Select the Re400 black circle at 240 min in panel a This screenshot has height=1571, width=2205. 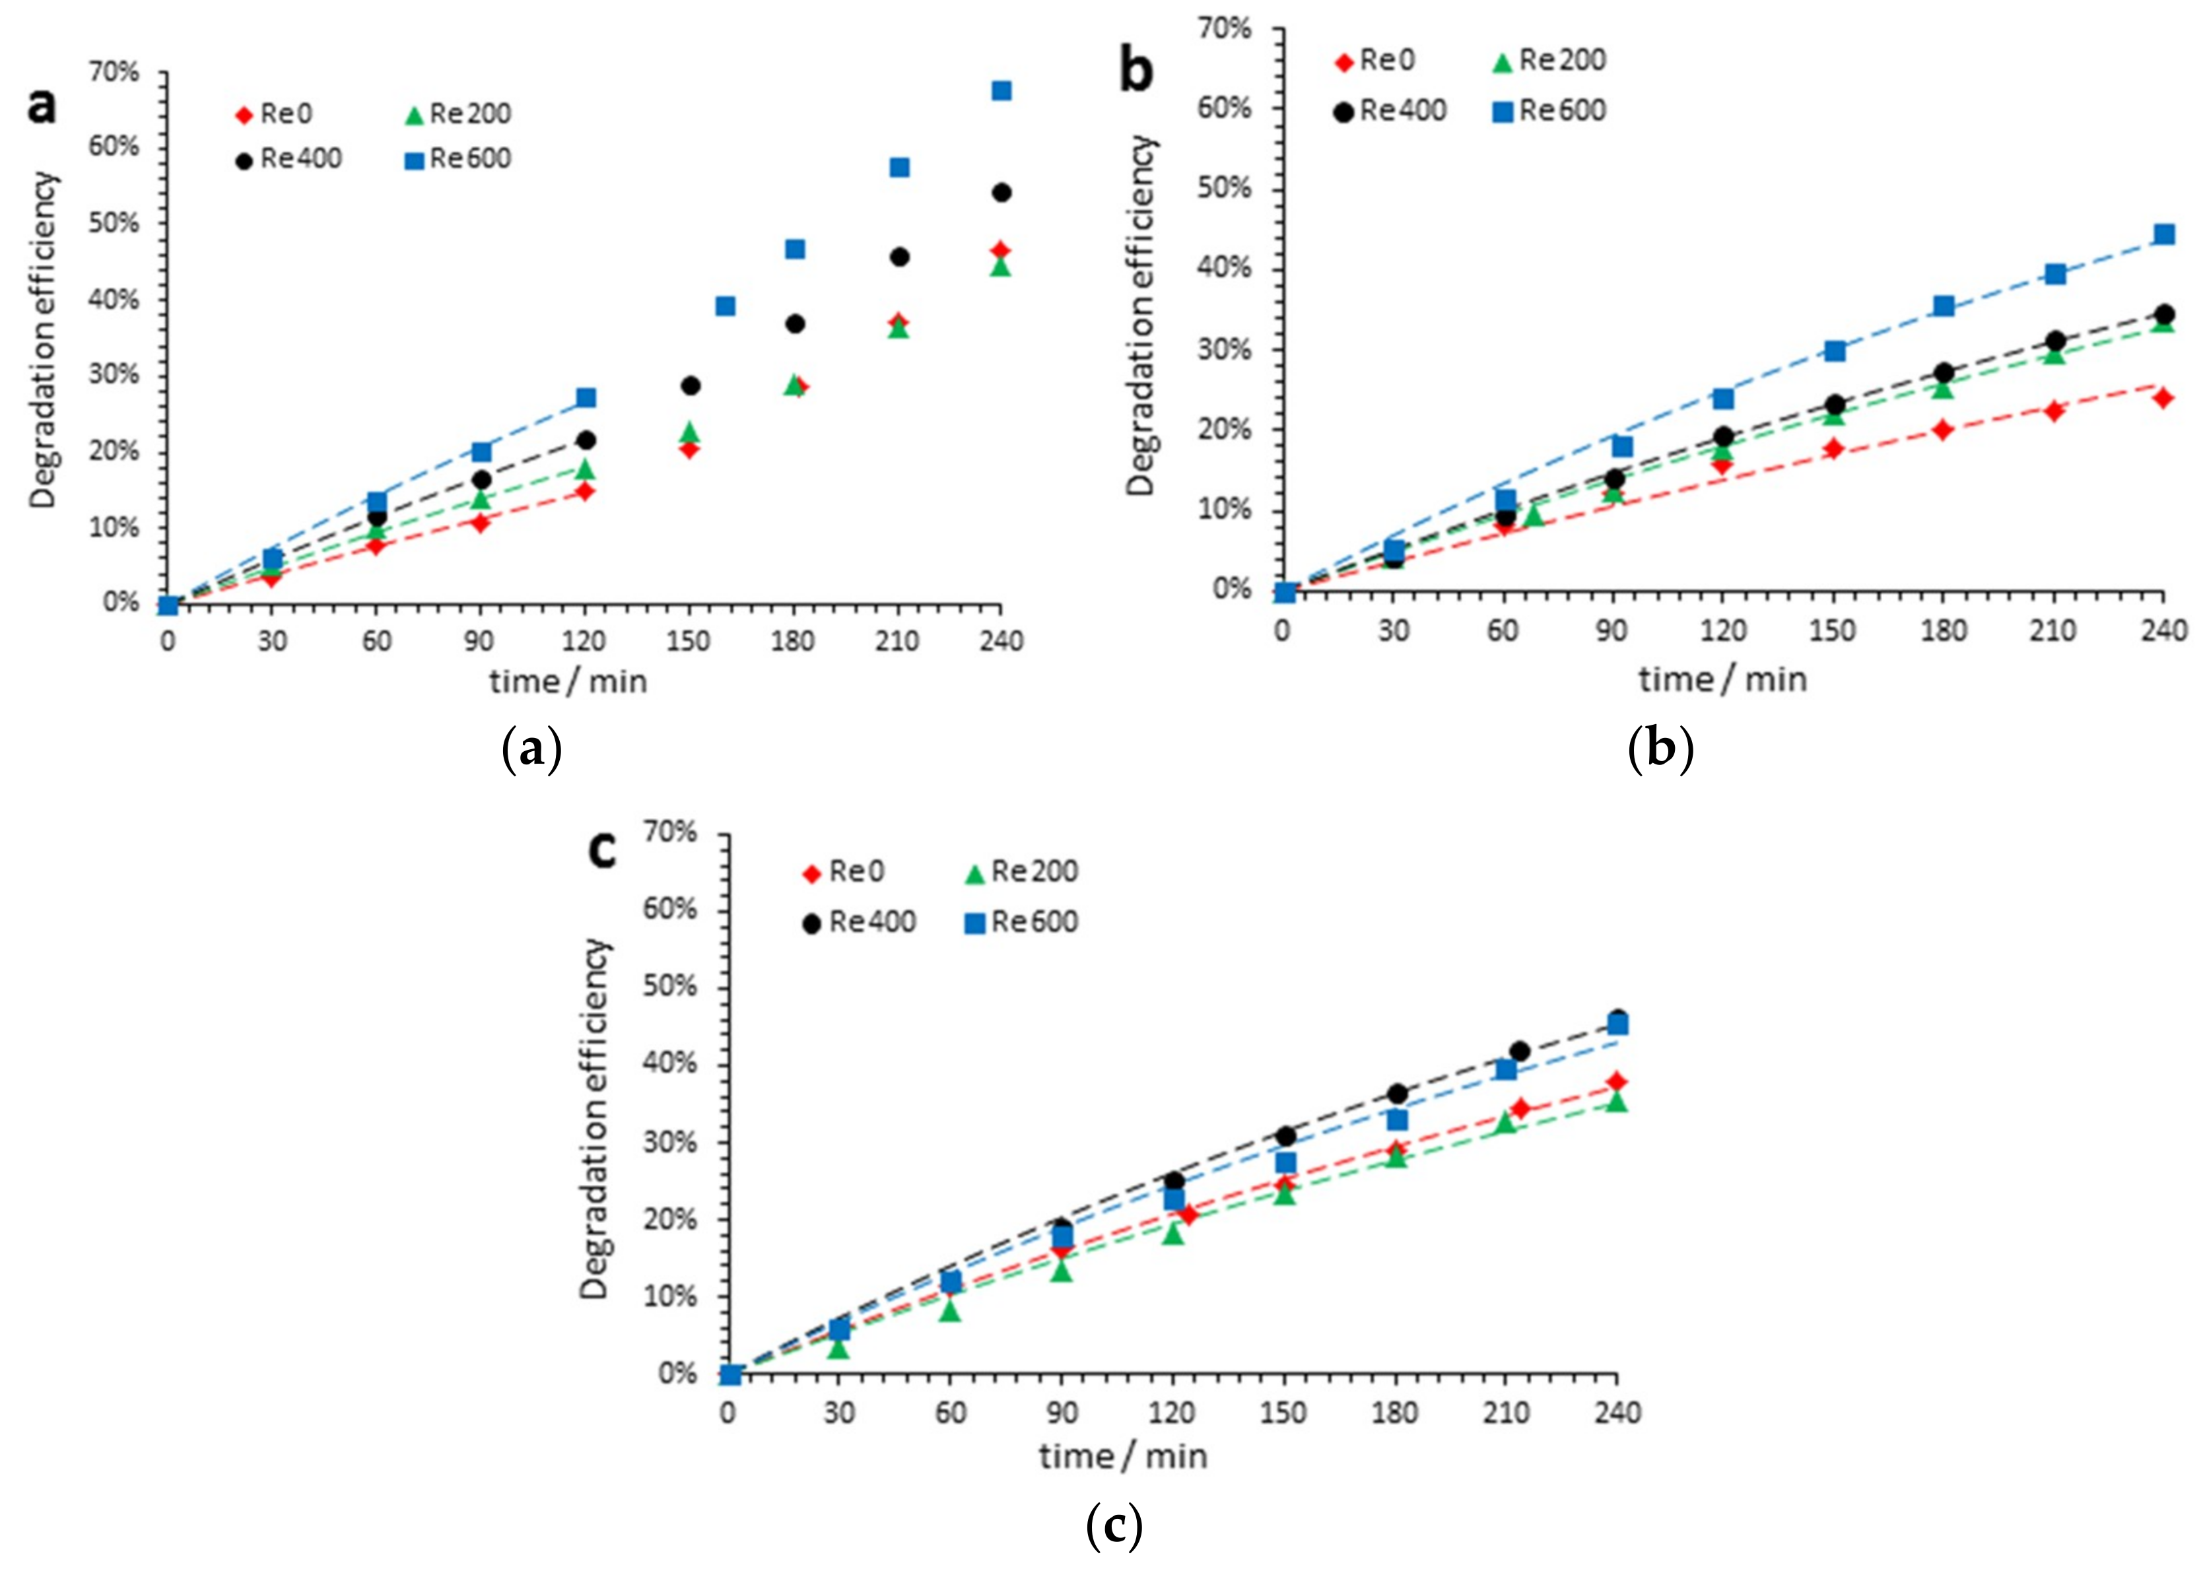(x=1001, y=193)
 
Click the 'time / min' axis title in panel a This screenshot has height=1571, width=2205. (x=568, y=682)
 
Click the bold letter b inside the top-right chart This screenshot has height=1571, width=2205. (x=1137, y=71)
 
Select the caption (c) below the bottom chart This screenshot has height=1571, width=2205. (x=1114, y=1527)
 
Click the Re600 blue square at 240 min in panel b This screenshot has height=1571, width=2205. (x=2164, y=234)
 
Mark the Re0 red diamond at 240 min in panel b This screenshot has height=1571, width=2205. (x=2164, y=397)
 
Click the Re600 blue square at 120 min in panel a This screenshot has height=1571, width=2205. (x=586, y=397)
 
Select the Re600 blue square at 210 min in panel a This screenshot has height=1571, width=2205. (x=899, y=168)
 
